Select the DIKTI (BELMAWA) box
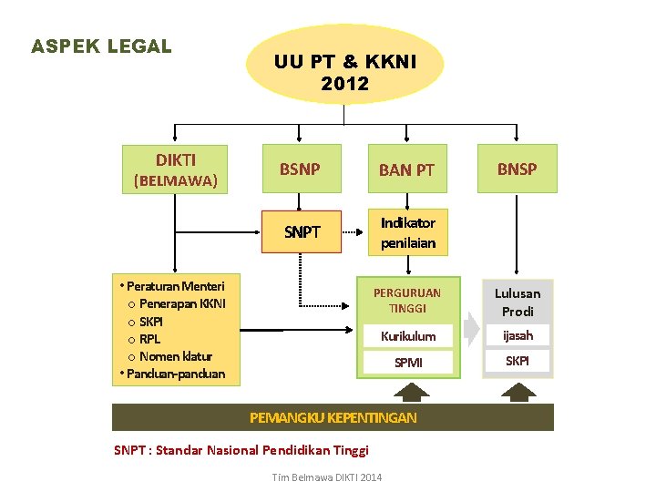pyautogui.click(x=176, y=169)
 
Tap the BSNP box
pyautogui.click(x=301, y=169)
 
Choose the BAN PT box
pyautogui.click(x=406, y=169)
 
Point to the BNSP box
pyautogui.click(x=517, y=169)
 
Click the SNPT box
pyautogui.click(x=302, y=231)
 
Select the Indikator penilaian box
pyautogui.click(x=407, y=232)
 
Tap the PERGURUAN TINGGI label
pyautogui.click(x=407, y=301)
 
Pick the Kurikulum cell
pyautogui.click(x=407, y=336)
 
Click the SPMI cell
pyautogui.click(x=407, y=363)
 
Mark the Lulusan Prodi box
pyautogui.click(x=518, y=302)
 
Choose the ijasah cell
pyautogui.click(x=518, y=335)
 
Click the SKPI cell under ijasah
pyautogui.click(x=518, y=361)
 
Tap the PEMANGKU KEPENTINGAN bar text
pyautogui.click(x=333, y=417)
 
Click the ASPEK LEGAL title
pyautogui.click(x=101, y=46)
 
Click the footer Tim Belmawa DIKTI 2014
pyautogui.click(x=328, y=477)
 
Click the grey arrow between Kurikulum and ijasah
pyautogui.click(x=471, y=328)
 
